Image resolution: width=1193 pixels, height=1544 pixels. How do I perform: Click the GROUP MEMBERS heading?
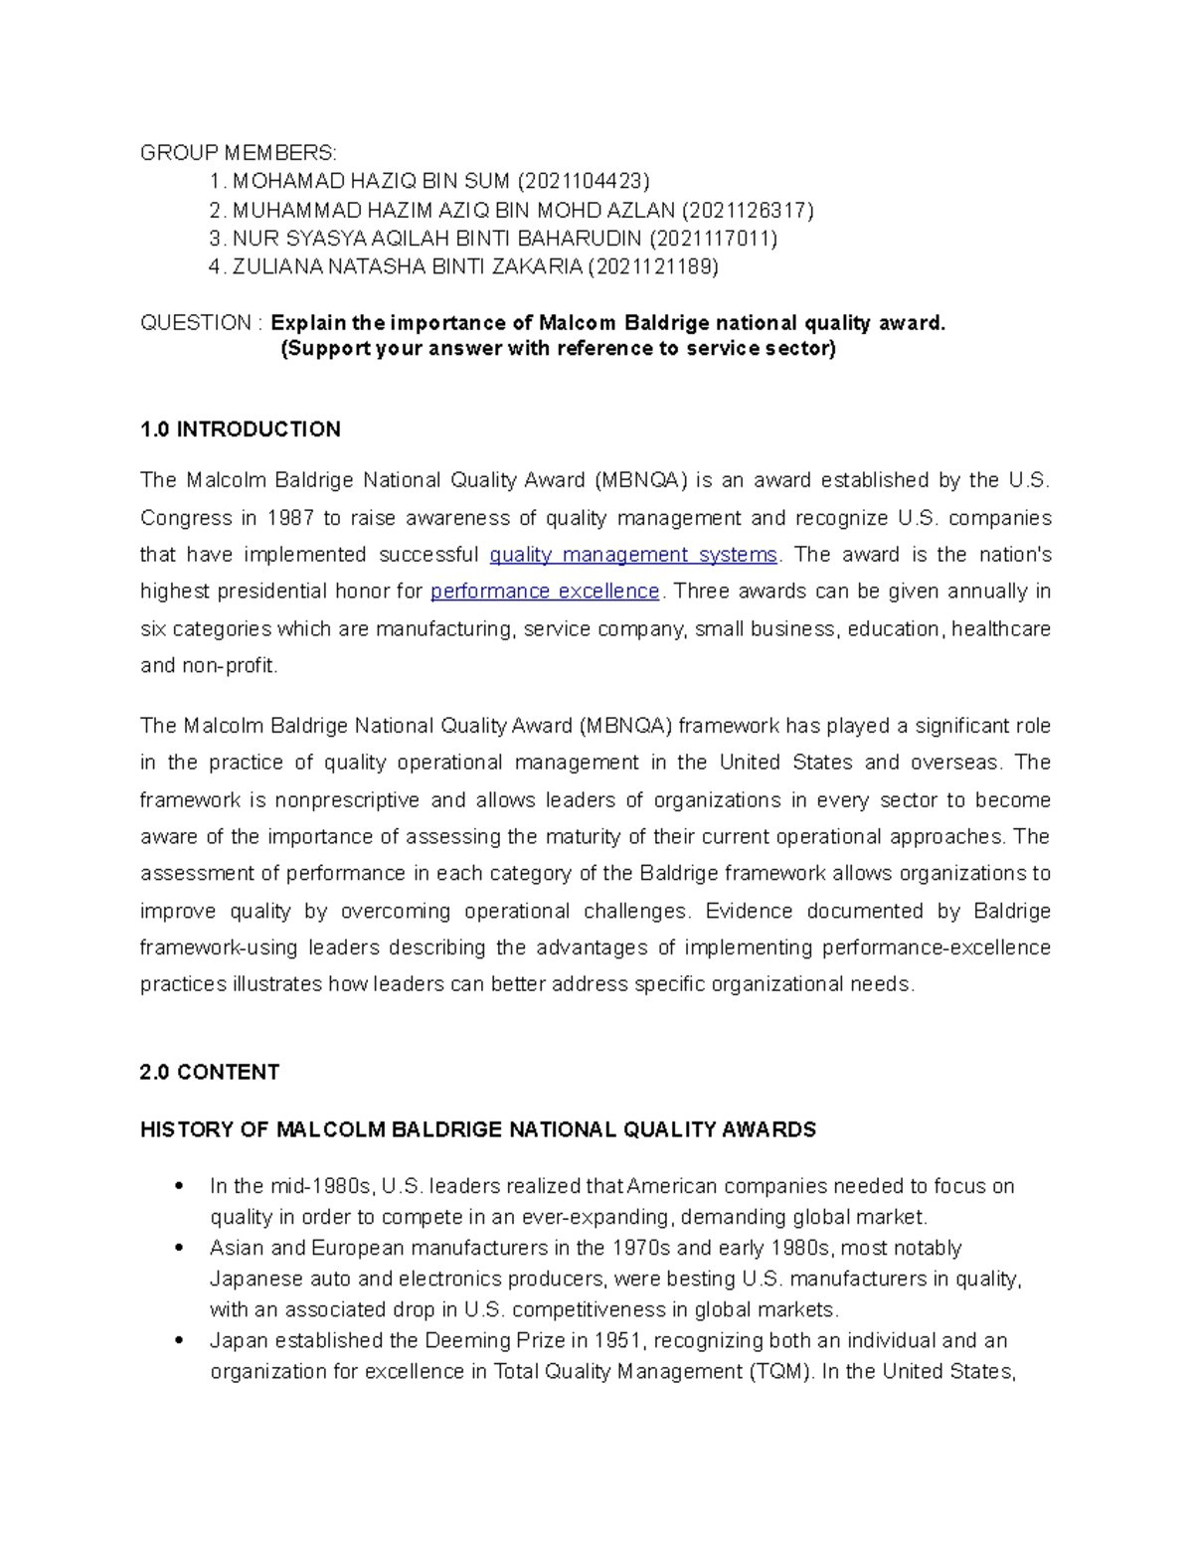pos(239,152)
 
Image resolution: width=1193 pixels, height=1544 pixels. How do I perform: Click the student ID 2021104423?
pos(583,181)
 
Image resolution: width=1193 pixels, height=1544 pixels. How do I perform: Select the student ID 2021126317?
pos(747,210)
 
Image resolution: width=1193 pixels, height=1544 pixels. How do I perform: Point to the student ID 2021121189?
pos(653,266)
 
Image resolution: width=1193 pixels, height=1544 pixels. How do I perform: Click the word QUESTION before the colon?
pos(196,323)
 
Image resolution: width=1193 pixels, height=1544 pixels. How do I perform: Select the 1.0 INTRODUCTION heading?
pos(241,429)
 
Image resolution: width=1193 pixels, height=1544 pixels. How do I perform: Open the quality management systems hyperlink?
pos(633,555)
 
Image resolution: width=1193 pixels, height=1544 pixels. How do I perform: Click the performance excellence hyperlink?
pos(545,592)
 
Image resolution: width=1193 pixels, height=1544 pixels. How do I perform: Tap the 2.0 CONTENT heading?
pos(210,1072)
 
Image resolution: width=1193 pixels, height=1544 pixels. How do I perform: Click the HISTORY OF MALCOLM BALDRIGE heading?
pos(477,1129)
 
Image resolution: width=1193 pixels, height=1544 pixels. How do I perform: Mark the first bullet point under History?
pos(179,1186)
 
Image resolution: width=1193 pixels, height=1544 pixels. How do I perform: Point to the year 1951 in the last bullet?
pos(616,1340)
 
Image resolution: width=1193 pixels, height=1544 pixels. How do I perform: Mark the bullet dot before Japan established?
pos(179,1340)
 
